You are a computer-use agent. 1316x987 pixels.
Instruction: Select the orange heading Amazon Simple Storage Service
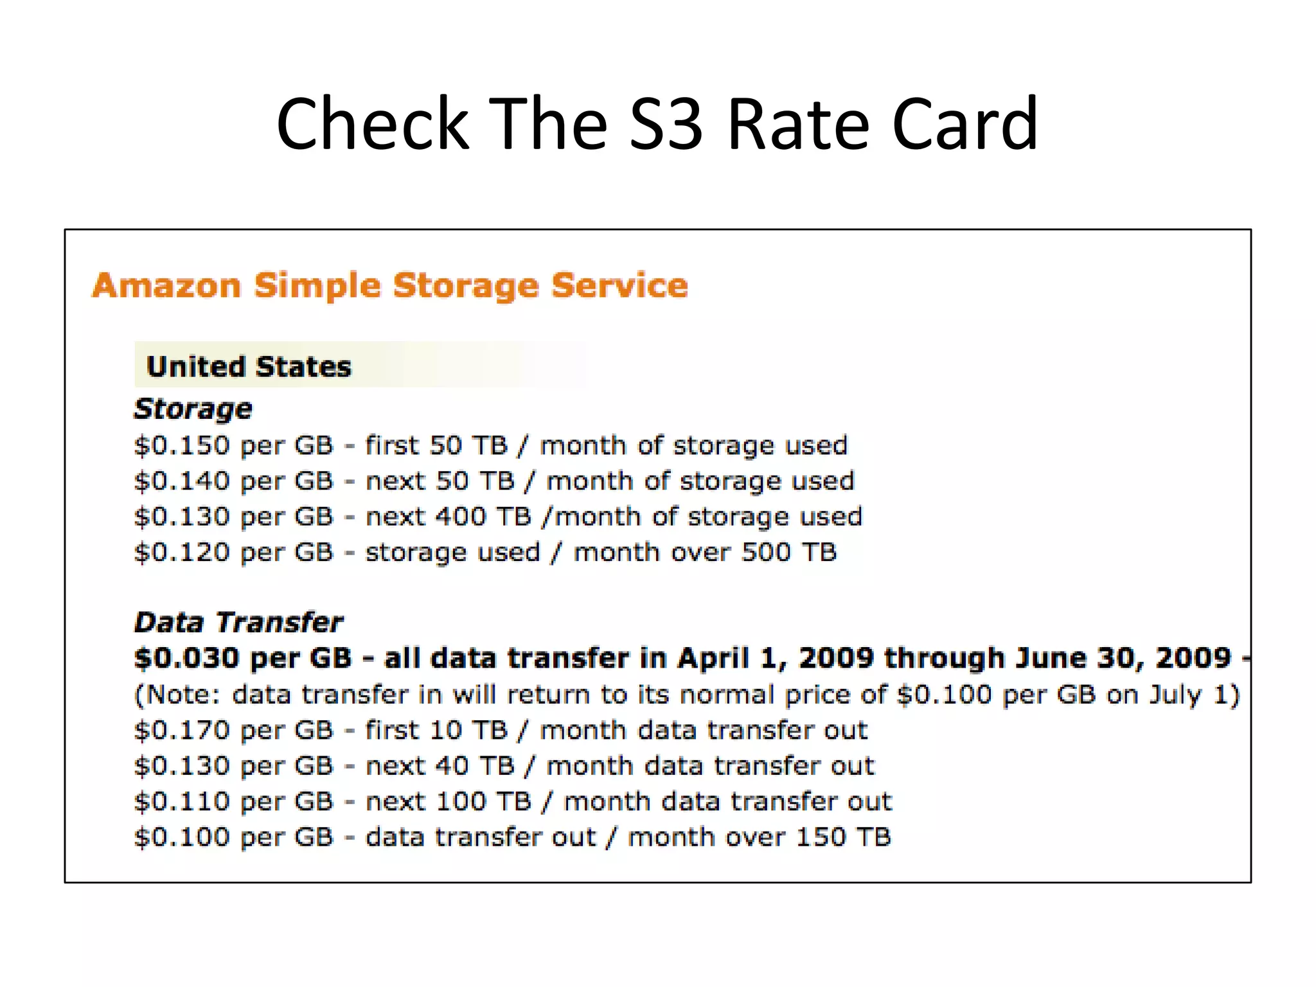pos(390,285)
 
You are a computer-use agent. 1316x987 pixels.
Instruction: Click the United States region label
pos(249,367)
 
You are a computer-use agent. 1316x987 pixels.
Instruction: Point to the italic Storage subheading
pos(193,409)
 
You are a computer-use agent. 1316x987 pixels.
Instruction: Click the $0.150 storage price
pos(182,445)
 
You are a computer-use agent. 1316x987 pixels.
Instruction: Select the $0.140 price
pos(182,481)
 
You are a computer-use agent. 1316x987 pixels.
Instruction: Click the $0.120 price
pos(182,553)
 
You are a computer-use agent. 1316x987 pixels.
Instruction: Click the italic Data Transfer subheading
pos(238,622)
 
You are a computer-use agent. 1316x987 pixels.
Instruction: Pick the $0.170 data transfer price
pos(182,731)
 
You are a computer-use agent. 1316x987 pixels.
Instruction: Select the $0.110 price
pos(182,802)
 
